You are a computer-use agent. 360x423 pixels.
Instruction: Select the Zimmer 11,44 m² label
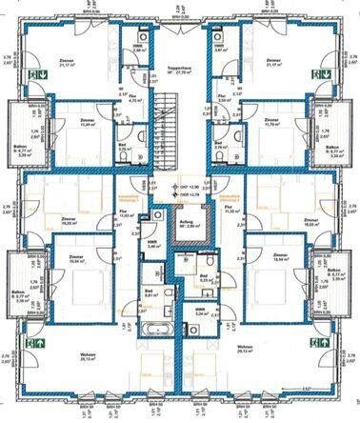[x=88, y=124]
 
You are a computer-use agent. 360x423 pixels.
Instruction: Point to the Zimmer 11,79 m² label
[x=273, y=124]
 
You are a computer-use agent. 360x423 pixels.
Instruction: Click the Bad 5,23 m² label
[x=206, y=282]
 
